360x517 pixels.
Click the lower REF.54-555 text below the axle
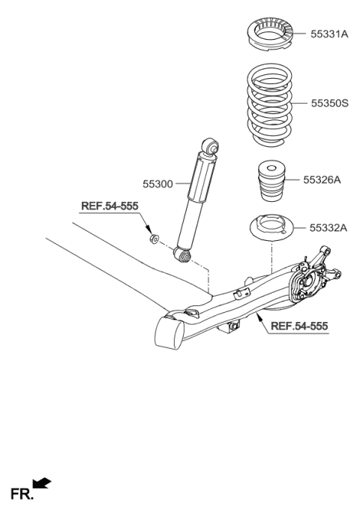(x=298, y=326)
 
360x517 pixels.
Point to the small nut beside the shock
(x=154, y=239)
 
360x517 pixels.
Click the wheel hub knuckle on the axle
(x=309, y=281)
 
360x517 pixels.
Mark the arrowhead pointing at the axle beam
(x=259, y=318)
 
